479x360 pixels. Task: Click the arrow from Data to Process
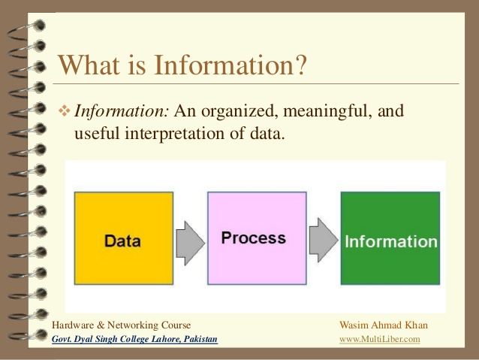tap(189, 240)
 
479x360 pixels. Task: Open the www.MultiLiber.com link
tap(380, 340)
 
